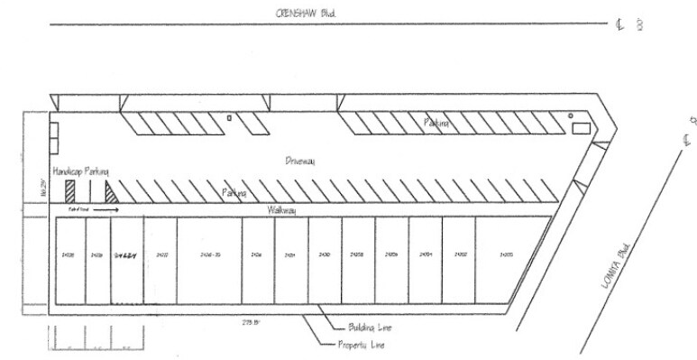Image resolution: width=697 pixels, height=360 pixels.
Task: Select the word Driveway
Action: (300, 161)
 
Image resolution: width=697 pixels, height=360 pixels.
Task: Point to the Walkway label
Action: (282, 209)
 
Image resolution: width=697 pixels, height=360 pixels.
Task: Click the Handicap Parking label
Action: (80, 171)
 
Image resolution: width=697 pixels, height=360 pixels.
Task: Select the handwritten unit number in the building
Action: (125, 255)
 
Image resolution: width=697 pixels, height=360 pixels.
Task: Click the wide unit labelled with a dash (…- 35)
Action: (210, 255)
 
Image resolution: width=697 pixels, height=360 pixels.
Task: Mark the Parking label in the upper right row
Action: (437, 121)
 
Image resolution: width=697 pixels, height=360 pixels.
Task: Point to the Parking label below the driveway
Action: (235, 193)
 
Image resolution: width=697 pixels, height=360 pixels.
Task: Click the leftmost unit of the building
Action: (69, 256)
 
